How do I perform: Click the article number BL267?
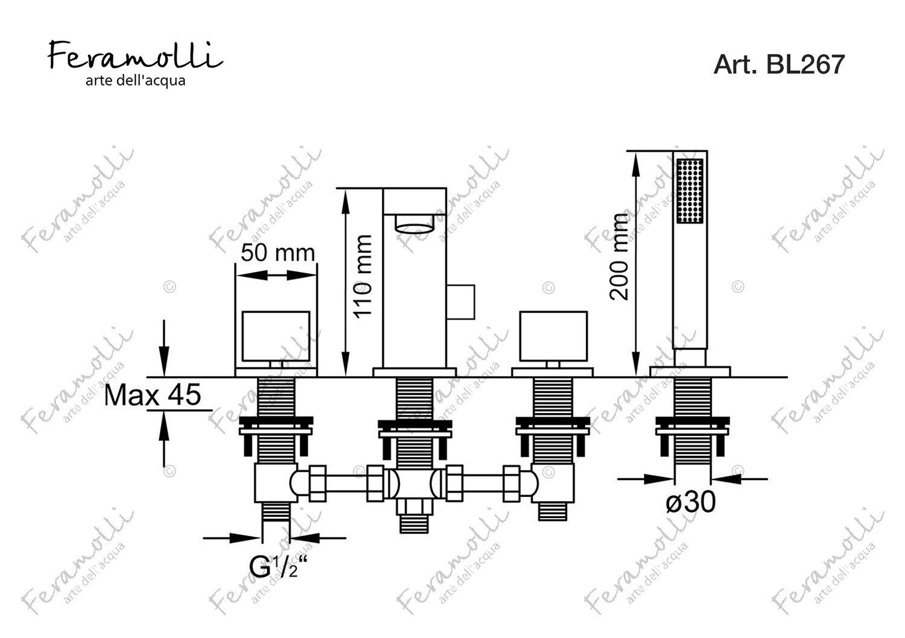(x=778, y=64)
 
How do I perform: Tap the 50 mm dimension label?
(x=278, y=253)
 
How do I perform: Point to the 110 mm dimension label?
(x=363, y=277)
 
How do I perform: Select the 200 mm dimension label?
(x=618, y=257)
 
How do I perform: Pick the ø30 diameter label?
(x=690, y=502)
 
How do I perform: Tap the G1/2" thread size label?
(x=278, y=567)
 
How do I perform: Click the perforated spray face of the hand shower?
(x=690, y=191)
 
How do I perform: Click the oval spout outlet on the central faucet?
(x=414, y=224)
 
